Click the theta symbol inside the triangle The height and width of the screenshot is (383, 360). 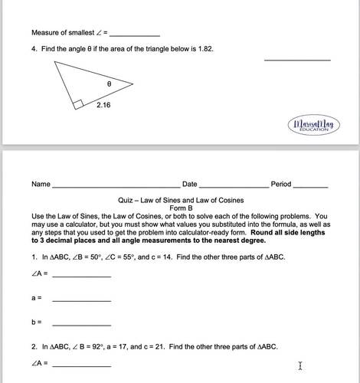coord(110,78)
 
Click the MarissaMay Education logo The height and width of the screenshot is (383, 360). coord(314,126)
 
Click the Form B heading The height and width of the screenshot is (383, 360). coord(181,208)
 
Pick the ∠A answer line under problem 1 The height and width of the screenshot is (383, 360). coord(81,276)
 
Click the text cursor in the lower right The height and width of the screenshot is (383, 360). coord(300,366)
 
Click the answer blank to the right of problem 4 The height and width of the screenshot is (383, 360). coord(297,59)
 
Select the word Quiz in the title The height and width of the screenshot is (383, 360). coord(126,200)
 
